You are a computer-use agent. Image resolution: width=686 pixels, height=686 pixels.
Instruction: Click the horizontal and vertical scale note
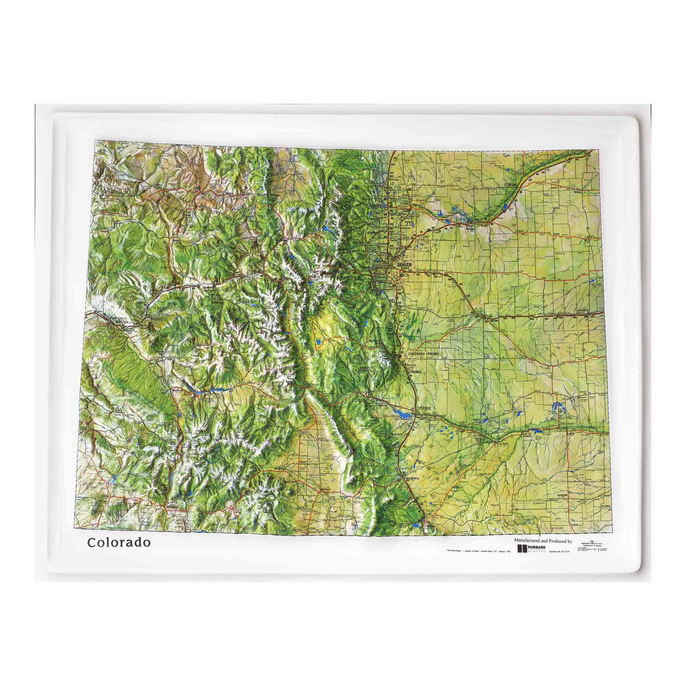click(x=477, y=561)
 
